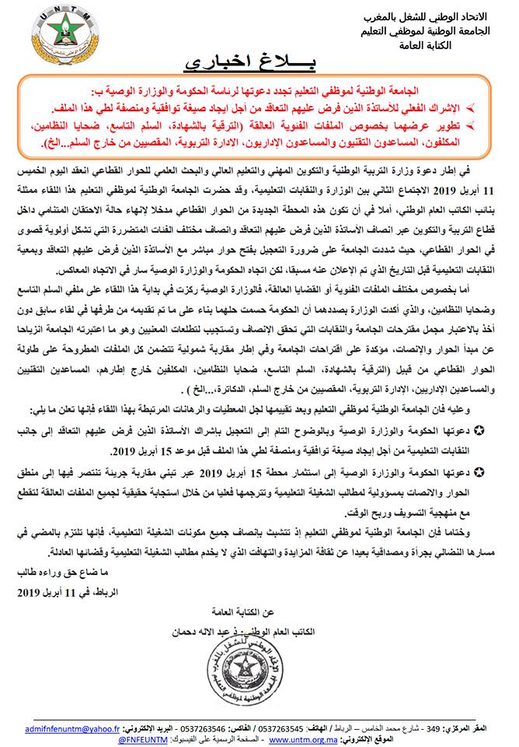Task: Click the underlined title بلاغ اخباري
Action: pos(248,61)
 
